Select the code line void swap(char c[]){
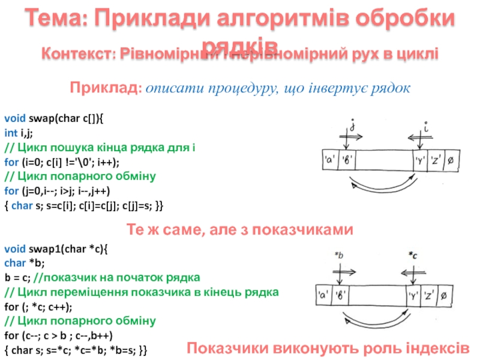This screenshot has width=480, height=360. coord(53,119)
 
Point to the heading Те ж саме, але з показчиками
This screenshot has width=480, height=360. coord(239,230)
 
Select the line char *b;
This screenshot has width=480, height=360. coord(25,263)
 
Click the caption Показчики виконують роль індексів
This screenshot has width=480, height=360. coord(328,347)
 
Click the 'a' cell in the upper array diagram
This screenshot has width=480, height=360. coord(329,161)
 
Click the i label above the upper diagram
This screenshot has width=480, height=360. coord(425,127)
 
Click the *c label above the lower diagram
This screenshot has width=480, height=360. coord(413,256)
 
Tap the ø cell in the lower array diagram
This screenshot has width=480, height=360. coord(443,296)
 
